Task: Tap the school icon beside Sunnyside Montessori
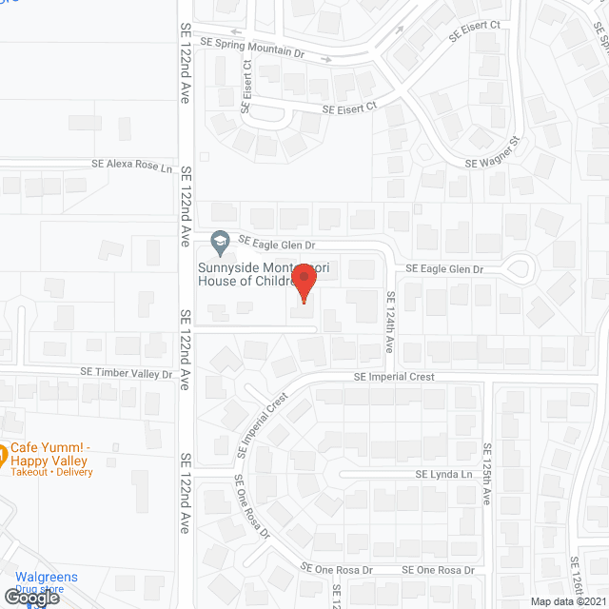point(221,240)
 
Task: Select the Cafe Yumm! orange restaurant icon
point(3,452)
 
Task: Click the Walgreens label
point(47,578)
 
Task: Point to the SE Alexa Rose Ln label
point(133,167)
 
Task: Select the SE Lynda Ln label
point(443,474)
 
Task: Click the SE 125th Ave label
point(486,475)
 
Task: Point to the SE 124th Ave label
point(390,323)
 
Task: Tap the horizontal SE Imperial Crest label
point(394,377)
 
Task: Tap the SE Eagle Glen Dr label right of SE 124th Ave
point(445,269)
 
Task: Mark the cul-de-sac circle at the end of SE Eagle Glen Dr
point(519,269)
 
